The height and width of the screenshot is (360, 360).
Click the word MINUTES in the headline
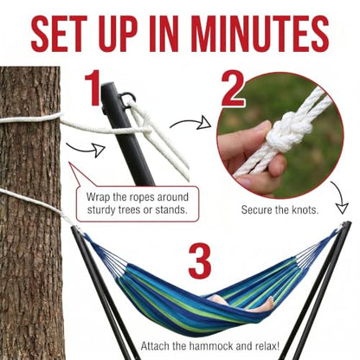259,34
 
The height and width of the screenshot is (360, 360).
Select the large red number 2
233,89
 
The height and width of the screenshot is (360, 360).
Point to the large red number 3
200,261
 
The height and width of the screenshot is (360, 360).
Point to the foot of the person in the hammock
268,304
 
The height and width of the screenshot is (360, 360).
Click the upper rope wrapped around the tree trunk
30,119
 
